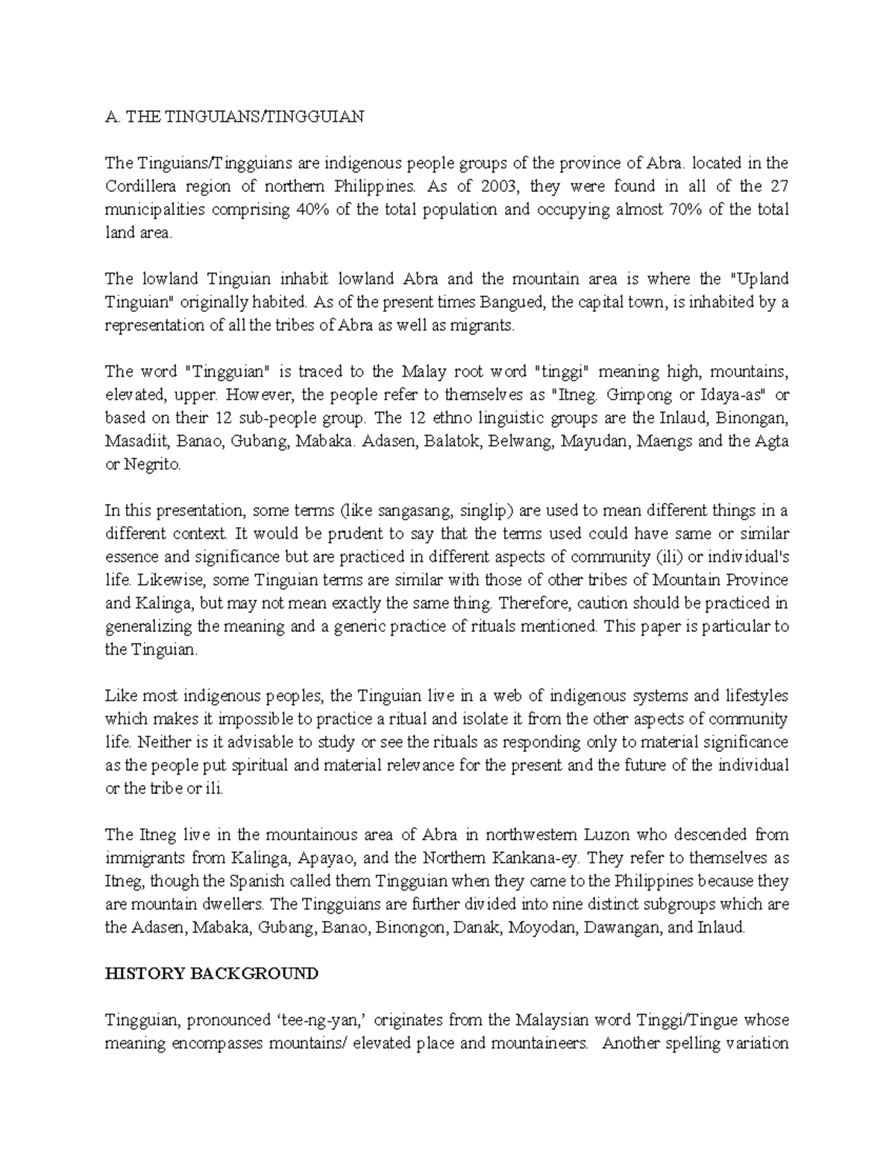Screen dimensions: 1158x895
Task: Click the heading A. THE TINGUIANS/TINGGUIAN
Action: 234,117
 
